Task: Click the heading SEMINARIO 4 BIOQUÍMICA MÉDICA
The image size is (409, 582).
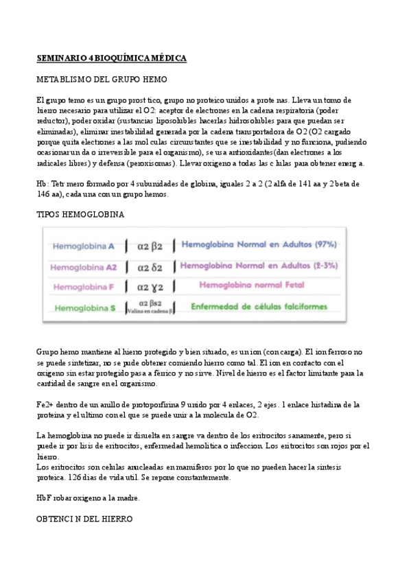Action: (x=111, y=58)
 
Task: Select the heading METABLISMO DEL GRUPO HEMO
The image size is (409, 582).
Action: (x=102, y=80)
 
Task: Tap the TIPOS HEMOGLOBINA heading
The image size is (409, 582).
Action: (x=80, y=215)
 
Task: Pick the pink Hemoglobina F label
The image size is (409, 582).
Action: (x=84, y=287)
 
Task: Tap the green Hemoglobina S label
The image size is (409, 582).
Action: (x=85, y=308)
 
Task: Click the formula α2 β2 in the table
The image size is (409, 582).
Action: (x=150, y=245)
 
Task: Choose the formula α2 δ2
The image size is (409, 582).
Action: (x=150, y=266)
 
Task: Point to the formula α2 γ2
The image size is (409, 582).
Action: (x=150, y=287)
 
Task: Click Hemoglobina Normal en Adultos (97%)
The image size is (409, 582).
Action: (x=259, y=244)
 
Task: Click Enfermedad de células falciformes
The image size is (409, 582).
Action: (x=259, y=307)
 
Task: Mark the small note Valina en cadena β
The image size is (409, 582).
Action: (x=150, y=311)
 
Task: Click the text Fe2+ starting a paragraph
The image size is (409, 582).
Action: (x=45, y=405)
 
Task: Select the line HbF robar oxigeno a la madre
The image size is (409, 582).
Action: (x=88, y=498)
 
